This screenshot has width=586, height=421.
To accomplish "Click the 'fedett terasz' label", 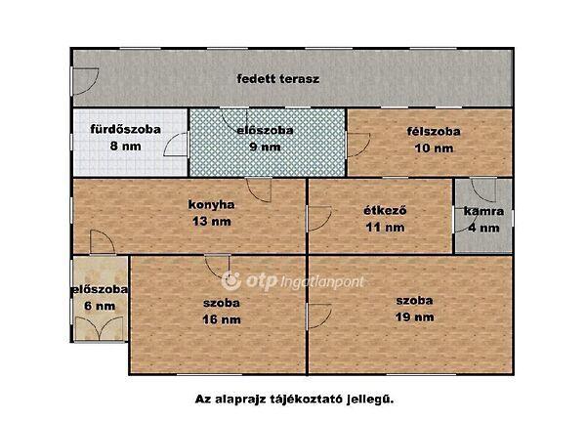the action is click(x=278, y=79).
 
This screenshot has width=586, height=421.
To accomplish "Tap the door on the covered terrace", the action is click(x=85, y=81).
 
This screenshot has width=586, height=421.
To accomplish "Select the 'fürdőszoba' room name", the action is click(x=126, y=129).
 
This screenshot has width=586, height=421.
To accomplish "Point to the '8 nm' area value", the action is click(x=126, y=146).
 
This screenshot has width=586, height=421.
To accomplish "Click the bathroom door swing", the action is click(x=176, y=145).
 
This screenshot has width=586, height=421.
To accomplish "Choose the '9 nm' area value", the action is click(x=265, y=147).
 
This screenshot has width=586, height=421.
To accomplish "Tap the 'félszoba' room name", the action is click(x=434, y=131).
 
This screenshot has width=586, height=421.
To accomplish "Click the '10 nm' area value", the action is click(x=434, y=148).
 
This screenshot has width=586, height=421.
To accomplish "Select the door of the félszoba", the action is click(x=358, y=145).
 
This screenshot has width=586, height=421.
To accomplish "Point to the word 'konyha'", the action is click(x=212, y=204).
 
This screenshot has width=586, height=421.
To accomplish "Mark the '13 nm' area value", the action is click(x=212, y=222).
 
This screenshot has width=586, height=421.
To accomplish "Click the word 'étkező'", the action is click(x=385, y=211).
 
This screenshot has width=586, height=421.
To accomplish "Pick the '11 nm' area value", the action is click(x=385, y=228).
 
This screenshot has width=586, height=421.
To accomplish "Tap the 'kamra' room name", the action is click(x=483, y=211).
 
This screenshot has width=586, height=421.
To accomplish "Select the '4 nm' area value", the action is click(x=483, y=228).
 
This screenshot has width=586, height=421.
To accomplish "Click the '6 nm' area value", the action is click(x=100, y=306).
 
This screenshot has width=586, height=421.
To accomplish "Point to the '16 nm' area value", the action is click(x=222, y=319).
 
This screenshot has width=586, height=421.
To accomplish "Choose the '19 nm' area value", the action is click(x=415, y=317).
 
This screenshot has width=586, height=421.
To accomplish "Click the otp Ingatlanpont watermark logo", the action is click(x=292, y=281).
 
